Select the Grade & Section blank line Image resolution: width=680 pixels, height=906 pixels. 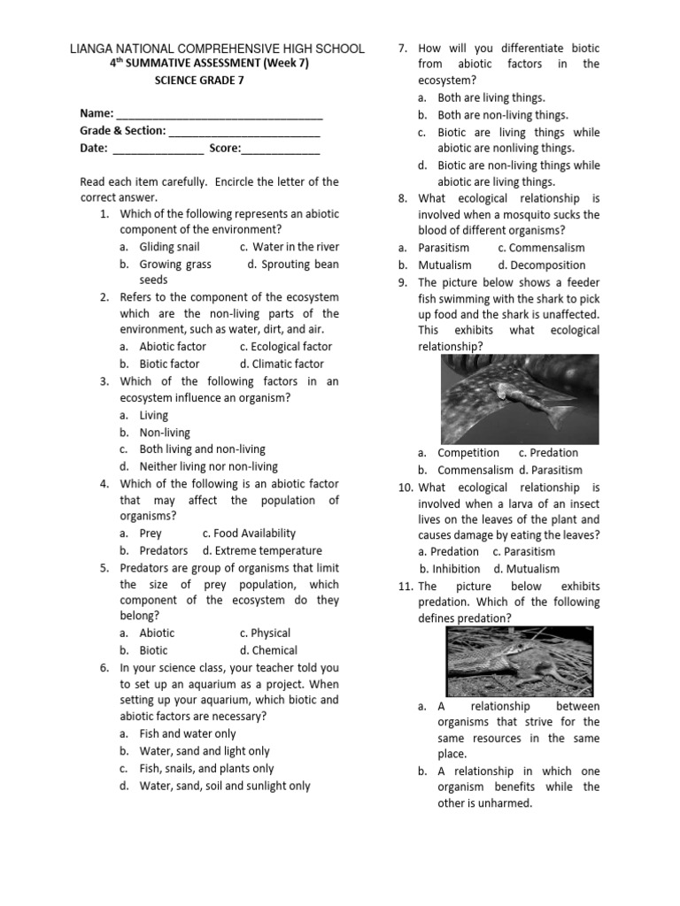pos(244,132)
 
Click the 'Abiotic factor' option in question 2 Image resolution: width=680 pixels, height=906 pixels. pos(173,347)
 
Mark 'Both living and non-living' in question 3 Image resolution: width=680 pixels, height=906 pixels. pos(202,449)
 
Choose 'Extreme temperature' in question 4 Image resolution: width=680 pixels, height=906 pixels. pos(262,550)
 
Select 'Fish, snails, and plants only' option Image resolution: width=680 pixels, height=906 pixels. pos(206,769)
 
